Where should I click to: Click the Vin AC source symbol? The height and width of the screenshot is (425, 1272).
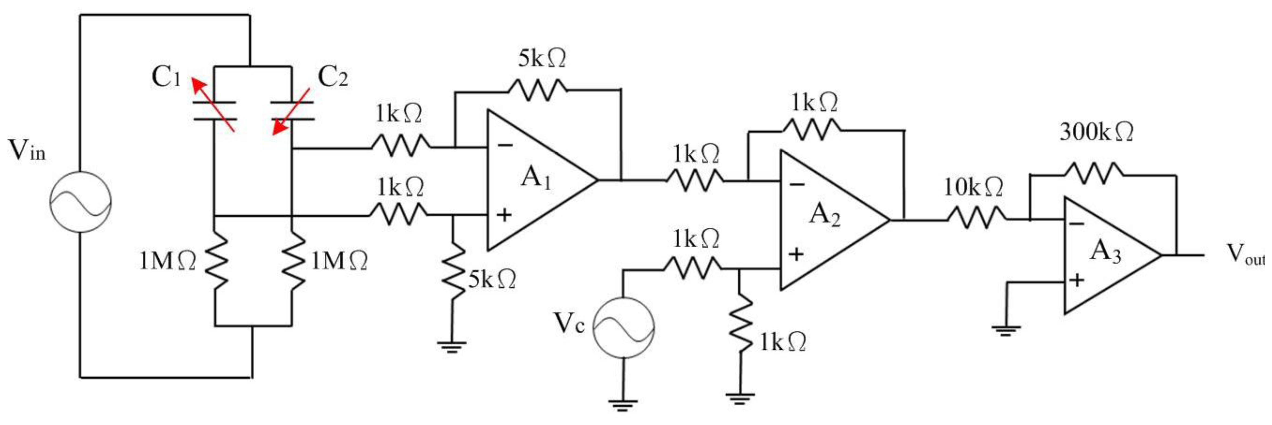[x=80, y=202]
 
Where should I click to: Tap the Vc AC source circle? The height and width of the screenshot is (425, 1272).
[x=623, y=328]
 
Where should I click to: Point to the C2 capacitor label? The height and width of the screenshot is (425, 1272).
[x=332, y=77]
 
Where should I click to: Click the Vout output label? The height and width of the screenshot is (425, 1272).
[x=1246, y=255]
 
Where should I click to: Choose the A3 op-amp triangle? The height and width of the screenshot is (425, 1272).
[x=1106, y=255]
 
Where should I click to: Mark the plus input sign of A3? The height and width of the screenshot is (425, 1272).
[x=1076, y=280]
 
